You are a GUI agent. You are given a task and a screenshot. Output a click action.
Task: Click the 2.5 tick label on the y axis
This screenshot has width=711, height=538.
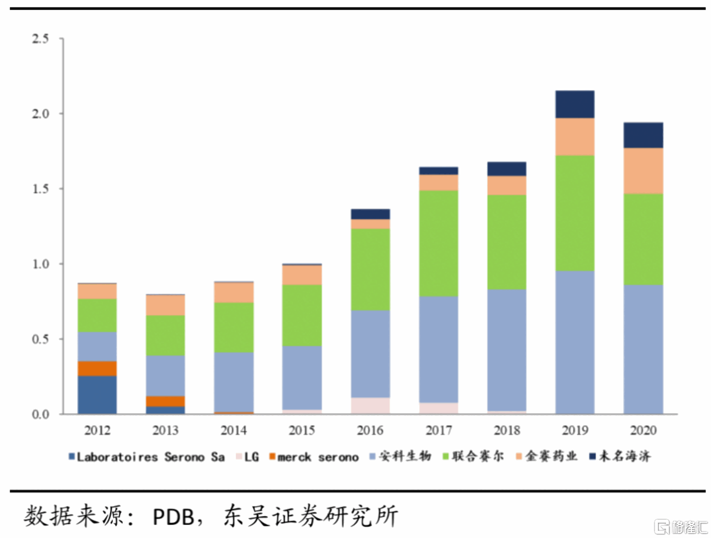click(x=40, y=38)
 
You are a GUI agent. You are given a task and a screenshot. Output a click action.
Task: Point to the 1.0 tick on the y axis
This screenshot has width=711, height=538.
click(x=40, y=264)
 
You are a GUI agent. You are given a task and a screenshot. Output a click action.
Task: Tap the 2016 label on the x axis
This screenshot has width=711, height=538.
click(x=370, y=430)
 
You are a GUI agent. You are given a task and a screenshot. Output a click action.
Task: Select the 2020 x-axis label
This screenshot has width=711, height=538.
click(x=643, y=430)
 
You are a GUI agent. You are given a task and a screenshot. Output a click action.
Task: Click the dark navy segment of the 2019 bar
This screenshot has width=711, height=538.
click(x=575, y=104)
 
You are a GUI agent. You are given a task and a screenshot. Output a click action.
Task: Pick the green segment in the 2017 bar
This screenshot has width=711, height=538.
click(x=438, y=243)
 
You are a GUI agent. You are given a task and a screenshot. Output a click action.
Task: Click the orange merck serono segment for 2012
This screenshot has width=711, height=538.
click(x=97, y=368)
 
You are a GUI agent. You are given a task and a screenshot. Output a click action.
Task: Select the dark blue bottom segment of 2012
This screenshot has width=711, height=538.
click(x=97, y=395)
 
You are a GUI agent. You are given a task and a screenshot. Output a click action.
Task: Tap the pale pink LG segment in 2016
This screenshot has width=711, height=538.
click(x=370, y=405)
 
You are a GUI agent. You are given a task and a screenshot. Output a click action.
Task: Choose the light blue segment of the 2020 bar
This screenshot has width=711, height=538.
click(x=643, y=349)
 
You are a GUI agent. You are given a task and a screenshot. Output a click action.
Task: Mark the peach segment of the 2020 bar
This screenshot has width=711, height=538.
click(x=643, y=171)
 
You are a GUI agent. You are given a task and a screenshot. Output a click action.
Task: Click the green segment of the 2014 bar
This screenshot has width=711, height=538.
click(x=234, y=327)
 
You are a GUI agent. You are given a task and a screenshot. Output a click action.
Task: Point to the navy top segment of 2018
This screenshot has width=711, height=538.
click(x=507, y=169)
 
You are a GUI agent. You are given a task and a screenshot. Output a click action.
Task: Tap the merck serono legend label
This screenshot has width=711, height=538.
click(x=318, y=457)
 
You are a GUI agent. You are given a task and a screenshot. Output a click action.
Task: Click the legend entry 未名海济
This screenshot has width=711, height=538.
click(x=624, y=456)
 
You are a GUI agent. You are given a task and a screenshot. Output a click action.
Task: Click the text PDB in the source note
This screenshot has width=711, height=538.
click(x=174, y=517)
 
